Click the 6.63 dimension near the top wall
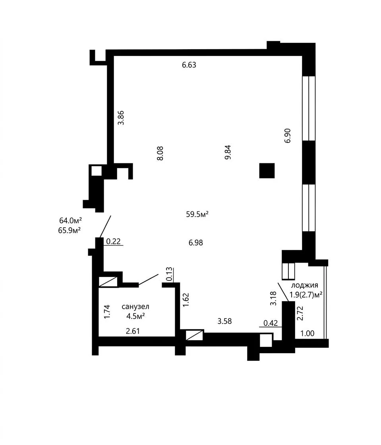(x=189, y=65)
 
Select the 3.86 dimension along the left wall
(x=121, y=118)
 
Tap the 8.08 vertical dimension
(x=160, y=153)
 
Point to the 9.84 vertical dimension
(x=228, y=153)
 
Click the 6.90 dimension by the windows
(x=288, y=135)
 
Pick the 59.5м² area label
(x=197, y=214)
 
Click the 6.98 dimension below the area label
(x=196, y=243)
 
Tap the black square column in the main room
(x=267, y=170)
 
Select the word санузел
(x=135, y=307)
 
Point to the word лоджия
(x=305, y=286)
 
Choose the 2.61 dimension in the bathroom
(x=133, y=331)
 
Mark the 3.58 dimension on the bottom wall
(x=225, y=321)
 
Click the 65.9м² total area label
(x=70, y=230)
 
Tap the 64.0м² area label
(x=71, y=221)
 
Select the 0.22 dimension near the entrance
(x=114, y=242)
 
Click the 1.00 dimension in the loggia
(x=308, y=333)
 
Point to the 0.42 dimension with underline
(x=271, y=323)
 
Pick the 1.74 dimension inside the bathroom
(x=107, y=312)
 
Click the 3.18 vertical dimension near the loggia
(x=273, y=298)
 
